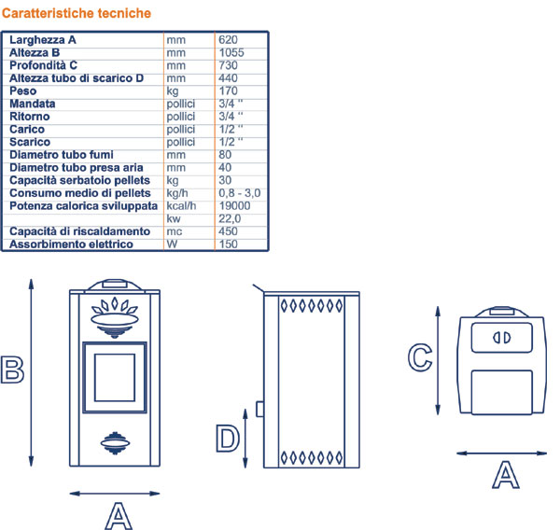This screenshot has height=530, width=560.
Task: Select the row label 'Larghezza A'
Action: tap(42, 40)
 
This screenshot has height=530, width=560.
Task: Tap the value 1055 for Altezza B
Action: tap(232, 53)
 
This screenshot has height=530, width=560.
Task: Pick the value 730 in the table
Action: tap(228, 65)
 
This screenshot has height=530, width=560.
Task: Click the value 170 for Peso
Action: tap(228, 91)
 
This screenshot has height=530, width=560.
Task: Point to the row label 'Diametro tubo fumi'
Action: tap(59, 155)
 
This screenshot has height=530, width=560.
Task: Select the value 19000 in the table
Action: tap(234, 205)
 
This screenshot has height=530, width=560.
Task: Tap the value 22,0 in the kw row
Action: tap(230, 218)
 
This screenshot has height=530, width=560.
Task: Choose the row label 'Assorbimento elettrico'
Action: tap(71, 244)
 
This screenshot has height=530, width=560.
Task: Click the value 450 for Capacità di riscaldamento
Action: tap(228, 231)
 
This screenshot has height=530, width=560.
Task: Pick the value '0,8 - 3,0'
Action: tap(239, 192)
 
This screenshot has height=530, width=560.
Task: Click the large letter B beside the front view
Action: tap(12, 369)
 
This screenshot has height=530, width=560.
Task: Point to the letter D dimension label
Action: tap(228, 438)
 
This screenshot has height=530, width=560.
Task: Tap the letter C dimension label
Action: tap(421, 356)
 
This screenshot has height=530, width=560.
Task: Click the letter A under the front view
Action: tap(116, 514)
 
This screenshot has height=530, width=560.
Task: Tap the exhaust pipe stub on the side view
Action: tap(259, 409)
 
